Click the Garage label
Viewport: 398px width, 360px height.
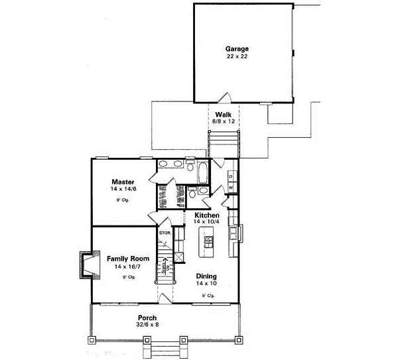point(237,49)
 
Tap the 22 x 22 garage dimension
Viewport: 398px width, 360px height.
point(237,57)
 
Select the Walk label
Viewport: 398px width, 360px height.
point(223,115)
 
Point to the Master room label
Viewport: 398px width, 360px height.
point(123,182)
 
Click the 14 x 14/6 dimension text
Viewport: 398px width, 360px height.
point(123,189)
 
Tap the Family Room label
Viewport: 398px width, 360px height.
point(123,259)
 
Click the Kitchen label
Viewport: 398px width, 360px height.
point(206,215)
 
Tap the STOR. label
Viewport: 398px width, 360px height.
point(164,233)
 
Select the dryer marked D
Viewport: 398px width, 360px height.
point(230,176)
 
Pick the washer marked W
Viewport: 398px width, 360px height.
point(230,188)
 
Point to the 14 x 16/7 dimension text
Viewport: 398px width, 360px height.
point(123,267)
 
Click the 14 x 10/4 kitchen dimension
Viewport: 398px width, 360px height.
point(206,222)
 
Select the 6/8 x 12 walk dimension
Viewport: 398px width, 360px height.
point(223,122)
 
